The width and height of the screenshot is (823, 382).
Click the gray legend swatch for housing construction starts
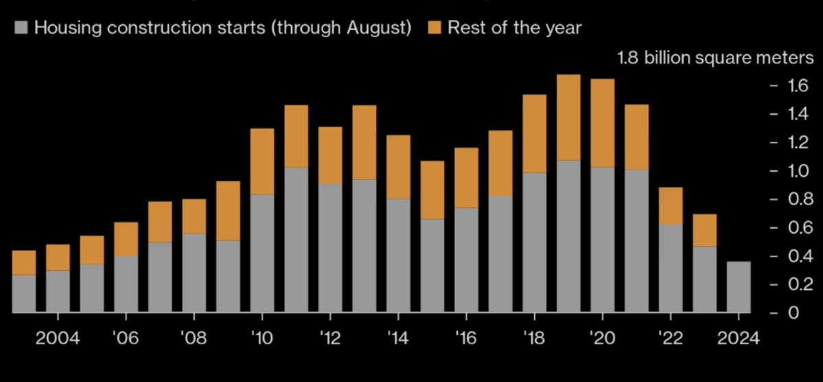pos(21,28)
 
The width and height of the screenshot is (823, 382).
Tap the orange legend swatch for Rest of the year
pos(434,28)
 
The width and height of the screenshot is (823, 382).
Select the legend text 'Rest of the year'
pos(514,28)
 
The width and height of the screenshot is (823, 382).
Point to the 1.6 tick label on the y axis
pos(799,86)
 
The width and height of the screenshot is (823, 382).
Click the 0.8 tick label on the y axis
pos(799,199)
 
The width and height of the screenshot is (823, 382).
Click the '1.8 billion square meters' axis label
pos(714,58)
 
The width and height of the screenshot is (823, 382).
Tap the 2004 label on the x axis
pos(58,338)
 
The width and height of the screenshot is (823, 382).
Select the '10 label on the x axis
pos(262,338)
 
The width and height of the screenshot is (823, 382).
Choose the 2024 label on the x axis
pos(738,338)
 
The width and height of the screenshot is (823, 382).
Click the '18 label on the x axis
pos(534,338)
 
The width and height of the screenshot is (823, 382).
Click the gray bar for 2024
pos(738,287)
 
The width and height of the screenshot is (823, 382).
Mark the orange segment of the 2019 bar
pos(568,117)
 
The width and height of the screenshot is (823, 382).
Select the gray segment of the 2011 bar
pos(296,240)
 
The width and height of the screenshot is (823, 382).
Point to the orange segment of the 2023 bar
pos(704,230)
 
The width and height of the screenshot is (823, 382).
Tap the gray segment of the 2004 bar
pos(58,291)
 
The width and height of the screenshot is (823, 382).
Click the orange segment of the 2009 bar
pos(228,211)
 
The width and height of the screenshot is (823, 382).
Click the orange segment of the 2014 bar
pos(398,167)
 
